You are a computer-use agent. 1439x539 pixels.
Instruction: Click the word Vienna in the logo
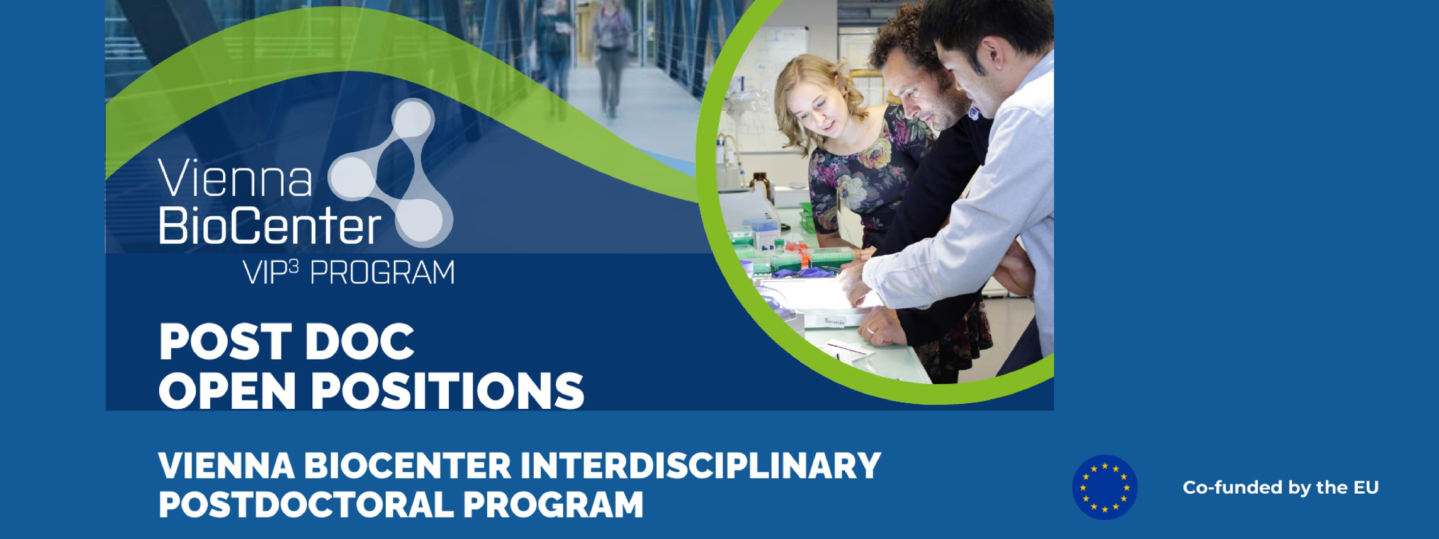235,178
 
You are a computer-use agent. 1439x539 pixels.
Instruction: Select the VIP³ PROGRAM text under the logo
349,272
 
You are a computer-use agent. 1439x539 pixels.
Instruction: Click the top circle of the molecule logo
413,119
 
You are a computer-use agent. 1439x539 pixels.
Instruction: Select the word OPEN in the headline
227,391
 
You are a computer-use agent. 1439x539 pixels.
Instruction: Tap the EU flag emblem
1105,487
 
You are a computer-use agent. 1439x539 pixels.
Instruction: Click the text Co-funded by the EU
1280,487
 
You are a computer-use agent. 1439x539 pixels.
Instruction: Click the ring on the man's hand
871,330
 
